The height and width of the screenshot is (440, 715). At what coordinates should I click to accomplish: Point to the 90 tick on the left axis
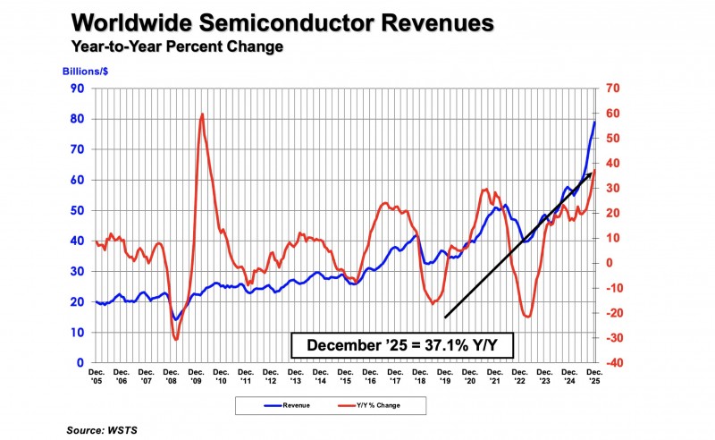tap(77, 88)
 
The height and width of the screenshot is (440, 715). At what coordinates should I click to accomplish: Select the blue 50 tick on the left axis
tap(77, 210)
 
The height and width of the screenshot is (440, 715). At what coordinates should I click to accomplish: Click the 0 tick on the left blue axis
tap(80, 363)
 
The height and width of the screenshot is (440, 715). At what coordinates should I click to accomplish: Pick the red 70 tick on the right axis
tap(612, 88)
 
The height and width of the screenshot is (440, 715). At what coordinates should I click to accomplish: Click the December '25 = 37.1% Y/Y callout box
tap(402, 345)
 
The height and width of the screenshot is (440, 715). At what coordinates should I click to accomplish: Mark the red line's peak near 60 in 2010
tap(202, 114)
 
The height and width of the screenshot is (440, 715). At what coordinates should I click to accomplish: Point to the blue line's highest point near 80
tap(595, 122)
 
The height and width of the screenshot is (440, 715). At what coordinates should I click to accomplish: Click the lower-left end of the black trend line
tap(444, 317)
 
